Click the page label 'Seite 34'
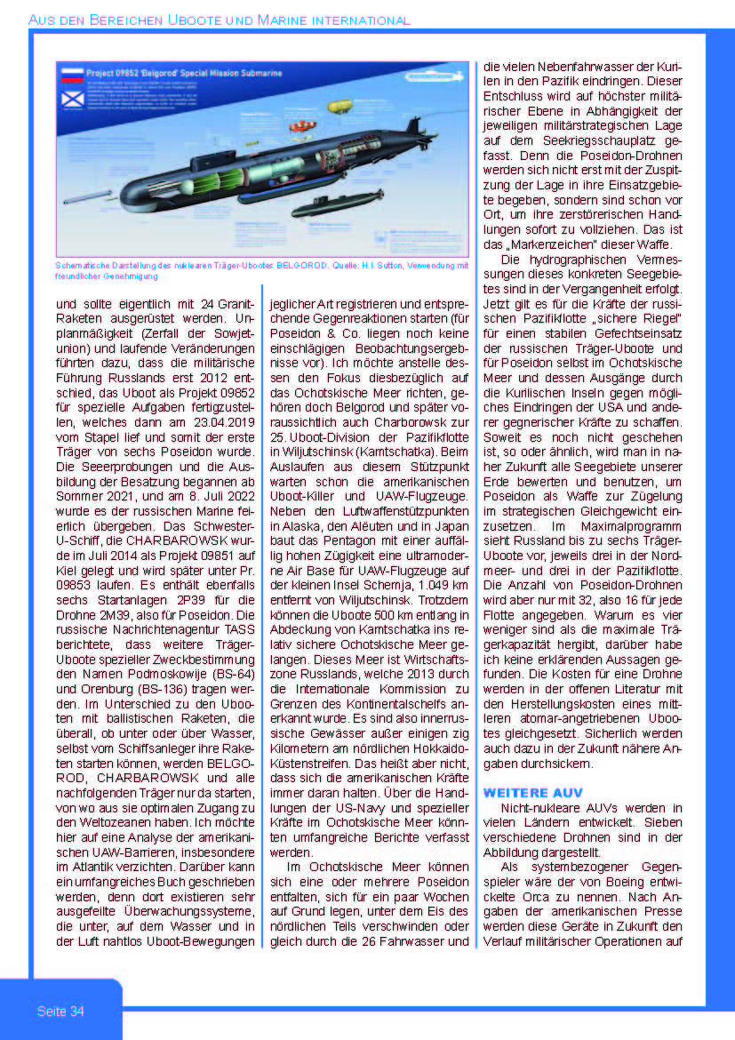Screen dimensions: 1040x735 (60, 1012)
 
